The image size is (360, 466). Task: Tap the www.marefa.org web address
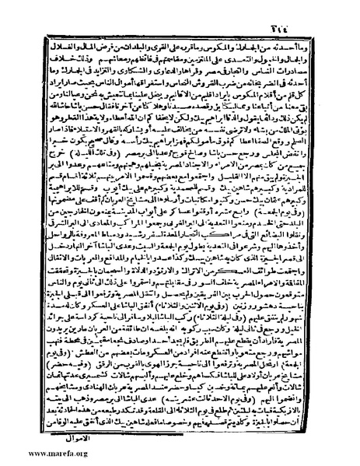pyautogui.click(x=37, y=452)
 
